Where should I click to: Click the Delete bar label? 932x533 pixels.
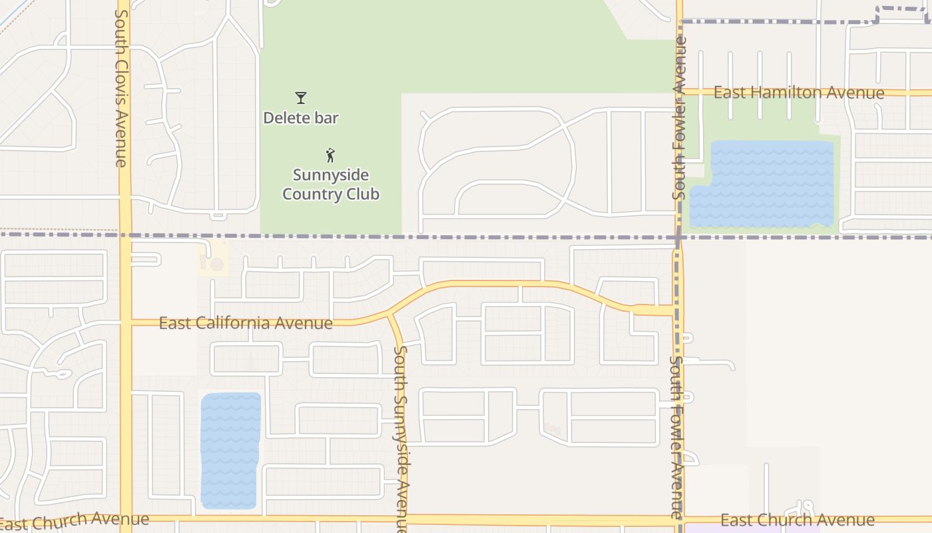pyautogui.click(x=301, y=119)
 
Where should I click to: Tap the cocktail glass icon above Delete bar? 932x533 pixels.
pyautogui.click(x=301, y=98)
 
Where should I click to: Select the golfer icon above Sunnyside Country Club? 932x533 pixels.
pyautogui.click(x=330, y=155)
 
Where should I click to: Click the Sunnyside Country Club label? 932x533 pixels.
pyautogui.click(x=331, y=185)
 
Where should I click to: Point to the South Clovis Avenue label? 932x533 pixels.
pyautogui.click(x=121, y=88)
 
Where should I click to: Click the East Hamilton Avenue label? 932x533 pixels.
pyautogui.click(x=799, y=93)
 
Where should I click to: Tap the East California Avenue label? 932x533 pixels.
pyautogui.click(x=246, y=323)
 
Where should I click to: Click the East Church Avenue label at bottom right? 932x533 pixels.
pyautogui.click(x=798, y=520)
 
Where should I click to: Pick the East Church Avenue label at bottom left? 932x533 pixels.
pyautogui.click(x=75, y=521)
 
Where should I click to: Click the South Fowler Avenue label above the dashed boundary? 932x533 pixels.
pyautogui.click(x=679, y=119)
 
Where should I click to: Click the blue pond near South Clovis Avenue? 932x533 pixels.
pyautogui.click(x=230, y=451)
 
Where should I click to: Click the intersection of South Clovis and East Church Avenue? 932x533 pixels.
pyautogui.click(x=125, y=518)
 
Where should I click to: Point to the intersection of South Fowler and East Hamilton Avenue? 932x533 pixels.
pyautogui.click(x=680, y=92)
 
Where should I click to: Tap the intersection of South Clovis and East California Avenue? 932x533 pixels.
pyautogui.click(x=125, y=323)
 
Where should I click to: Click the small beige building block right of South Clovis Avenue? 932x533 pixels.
pyautogui.click(x=213, y=261)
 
